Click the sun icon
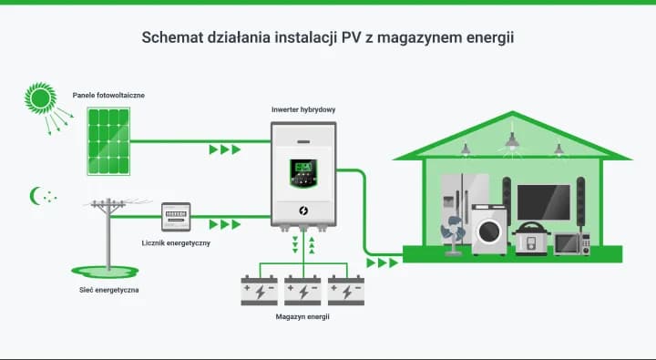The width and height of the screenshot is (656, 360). point(38,97)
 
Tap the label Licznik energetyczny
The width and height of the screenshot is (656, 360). point(176,243)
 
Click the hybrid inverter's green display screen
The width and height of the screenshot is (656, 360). point(304,170)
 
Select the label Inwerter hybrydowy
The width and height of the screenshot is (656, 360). point(303,109)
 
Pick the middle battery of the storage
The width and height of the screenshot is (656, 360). point(303,290)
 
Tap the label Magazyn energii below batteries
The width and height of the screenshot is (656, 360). point(302,317)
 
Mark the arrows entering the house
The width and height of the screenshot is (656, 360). point(383,262)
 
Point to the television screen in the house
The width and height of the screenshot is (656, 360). point(543,202)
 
